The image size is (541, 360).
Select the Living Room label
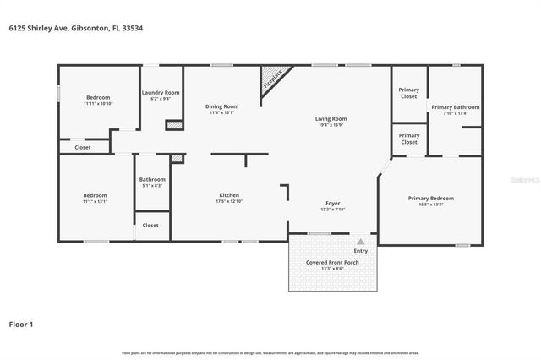pos(331,119)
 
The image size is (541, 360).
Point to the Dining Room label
pos(222,106)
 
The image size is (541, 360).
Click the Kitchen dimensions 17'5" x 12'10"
pos(229,201)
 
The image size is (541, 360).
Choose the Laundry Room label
pos(160,92)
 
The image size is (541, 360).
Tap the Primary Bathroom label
pos(455,107)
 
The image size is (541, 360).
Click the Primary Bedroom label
pos(430,198)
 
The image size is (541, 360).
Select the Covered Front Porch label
pos(331,262)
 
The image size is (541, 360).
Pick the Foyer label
pos(333,204)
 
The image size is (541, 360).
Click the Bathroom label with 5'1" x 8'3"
pos(152,179)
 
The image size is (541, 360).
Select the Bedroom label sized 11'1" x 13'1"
pos(95,195)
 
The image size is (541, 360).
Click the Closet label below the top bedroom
pos(83,148)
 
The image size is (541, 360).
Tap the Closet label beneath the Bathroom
pos(150,226)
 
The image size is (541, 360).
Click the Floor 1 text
pos(21,324)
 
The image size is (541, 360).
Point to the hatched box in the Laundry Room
pos(173,125)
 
